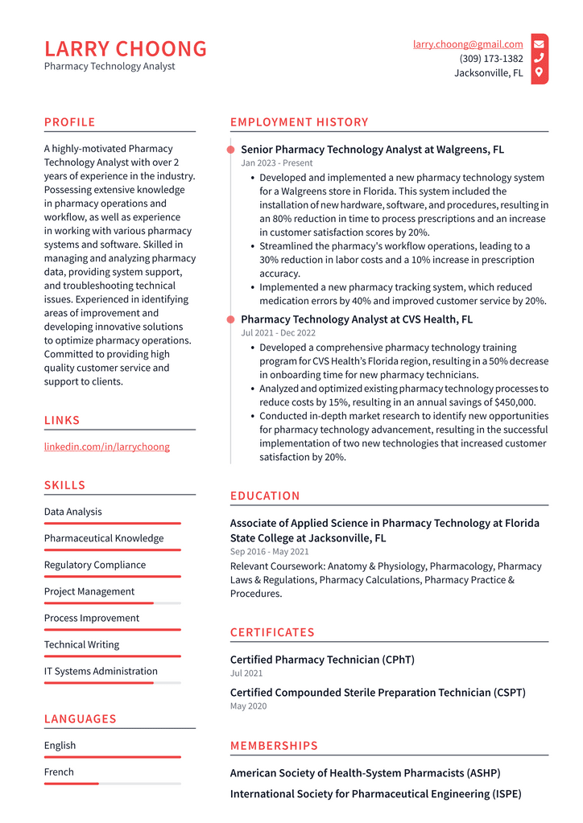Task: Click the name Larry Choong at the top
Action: pyautogui.click(x=126, y=49)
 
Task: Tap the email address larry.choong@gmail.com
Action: pyautogui.click(x=468, y=44)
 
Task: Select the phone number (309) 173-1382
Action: pyautogui.click(x=491, y=59)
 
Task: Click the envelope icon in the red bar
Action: pyautogui.click(x=539, y=44)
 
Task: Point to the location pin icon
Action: pyautogui.click(x=539, y=72)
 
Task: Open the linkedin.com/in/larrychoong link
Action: pyautogui.click(x=106, y=446)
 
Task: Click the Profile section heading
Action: pyautogui.click(x=69, y=122)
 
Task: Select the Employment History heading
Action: pyautogui.click(x=299, y=122)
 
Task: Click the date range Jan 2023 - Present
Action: pyautogui.click(x=277, y=163)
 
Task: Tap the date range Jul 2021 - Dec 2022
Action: pyautogui.click(x=278, y=332)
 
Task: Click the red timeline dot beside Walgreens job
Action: pyautogui.click(x=231, y=150)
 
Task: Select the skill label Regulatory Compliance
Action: pyautogui.click(x=95, y=565)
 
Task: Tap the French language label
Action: pyautogui.click(x=59, y=772)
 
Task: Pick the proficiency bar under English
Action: pyautogui.click(x=112, y=757)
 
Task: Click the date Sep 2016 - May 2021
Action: pyautogui.click(x=269, y=552)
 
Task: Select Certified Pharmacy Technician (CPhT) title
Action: pyautogui.click(x=322, y=660)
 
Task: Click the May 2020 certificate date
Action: pyautogui.click(x=248, y=706)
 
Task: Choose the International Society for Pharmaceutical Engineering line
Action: pyautogui.click(x=375, y=793)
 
